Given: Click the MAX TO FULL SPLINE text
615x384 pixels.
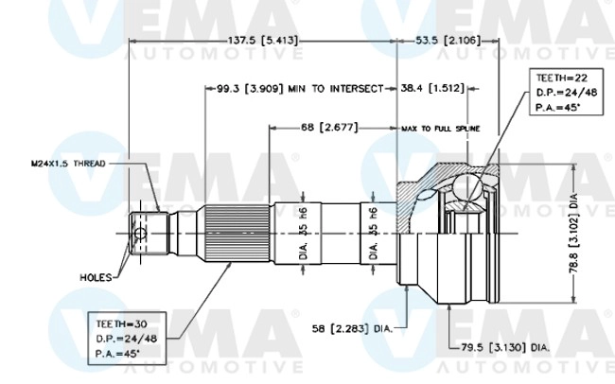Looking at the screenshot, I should coord(441,127).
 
